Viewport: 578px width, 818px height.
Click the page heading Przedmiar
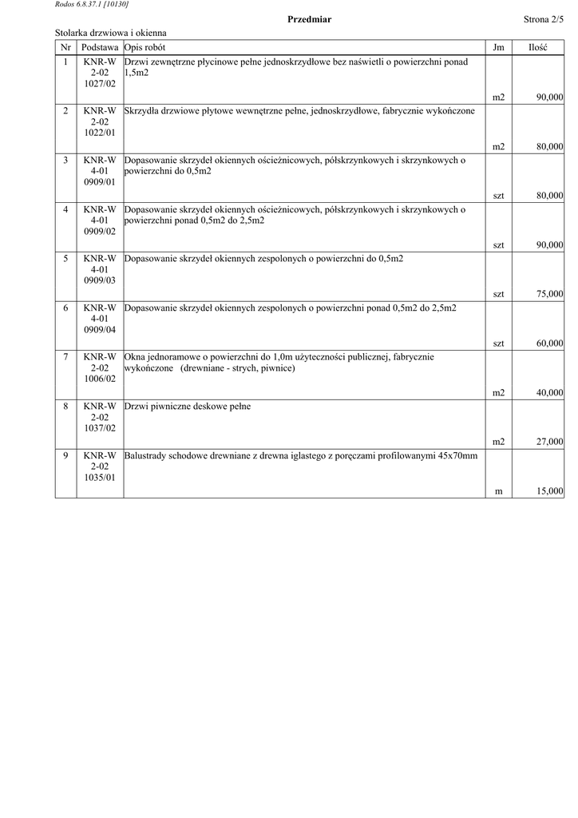pos(309,19)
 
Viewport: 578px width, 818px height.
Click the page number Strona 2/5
pos(544,19)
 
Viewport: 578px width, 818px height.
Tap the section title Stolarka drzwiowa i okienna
pos(111,34)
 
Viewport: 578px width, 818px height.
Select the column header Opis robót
pos(145,48)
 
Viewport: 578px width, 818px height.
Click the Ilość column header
pos(537,48)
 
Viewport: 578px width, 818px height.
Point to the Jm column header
pos(498,48)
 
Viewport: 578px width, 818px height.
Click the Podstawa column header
pos(100,48)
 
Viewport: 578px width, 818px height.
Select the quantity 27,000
pos(549,442)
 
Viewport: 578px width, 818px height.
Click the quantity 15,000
pos(549,491)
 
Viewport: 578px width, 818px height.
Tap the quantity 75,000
pos(549,294)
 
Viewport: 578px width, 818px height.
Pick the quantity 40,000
pos(549,393)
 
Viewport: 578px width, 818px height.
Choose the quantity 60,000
pos(549,343)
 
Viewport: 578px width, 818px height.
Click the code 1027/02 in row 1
pos(100,83)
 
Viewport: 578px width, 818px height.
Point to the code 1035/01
pos(100,478)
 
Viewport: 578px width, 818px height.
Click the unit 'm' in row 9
pos(498,491)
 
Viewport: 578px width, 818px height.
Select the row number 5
pos(65,259)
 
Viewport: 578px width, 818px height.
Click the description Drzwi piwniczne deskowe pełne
pos(188,407)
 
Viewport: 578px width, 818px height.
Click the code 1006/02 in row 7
pos(100,379)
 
